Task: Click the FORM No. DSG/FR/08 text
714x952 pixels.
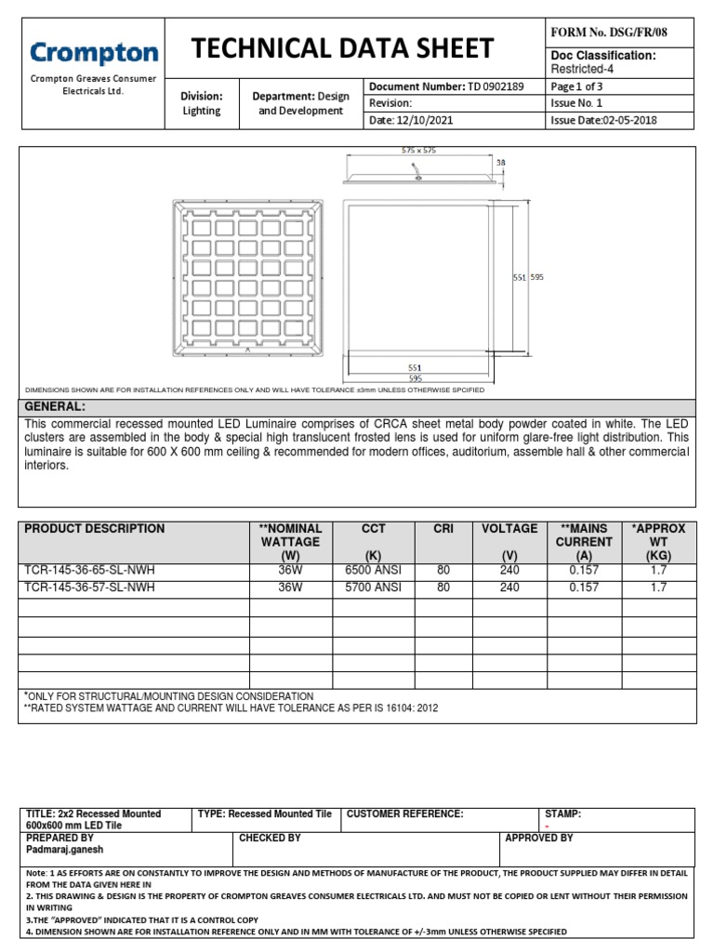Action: [x=609, y=33]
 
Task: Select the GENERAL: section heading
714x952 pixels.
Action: [x=55, y=407]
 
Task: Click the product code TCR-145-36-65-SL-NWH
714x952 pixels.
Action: [x=90, y=571]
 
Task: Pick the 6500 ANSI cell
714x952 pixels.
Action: [x=373, y=571]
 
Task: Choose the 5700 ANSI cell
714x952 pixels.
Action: [x=373, y=588]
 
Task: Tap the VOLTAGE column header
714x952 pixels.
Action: [x=509, y=529]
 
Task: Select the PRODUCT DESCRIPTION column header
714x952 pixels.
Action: [x=95, y=529]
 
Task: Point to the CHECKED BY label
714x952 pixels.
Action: [x=271, y=839]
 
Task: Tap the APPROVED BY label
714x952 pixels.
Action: [x=539, y=839]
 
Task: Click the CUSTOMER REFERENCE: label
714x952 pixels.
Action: [x=404, y=814]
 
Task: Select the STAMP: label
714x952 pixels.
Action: [x=562, y=814]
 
